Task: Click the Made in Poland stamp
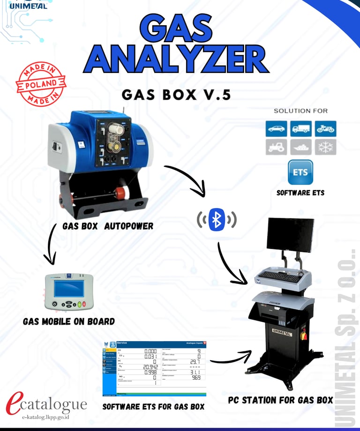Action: (x=40, y=85)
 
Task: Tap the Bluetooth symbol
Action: (x=217, y=219)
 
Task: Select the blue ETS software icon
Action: (x=300, y=172)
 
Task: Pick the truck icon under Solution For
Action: (x=300, y=128)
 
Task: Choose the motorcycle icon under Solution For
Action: (x=325, y=128)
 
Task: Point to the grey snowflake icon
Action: (x=325, y=147)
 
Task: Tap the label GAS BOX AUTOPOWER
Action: (x=108, y=226)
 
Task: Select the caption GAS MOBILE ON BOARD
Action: (x=68, y=321)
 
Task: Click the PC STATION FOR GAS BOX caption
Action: (x=280, y=400)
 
